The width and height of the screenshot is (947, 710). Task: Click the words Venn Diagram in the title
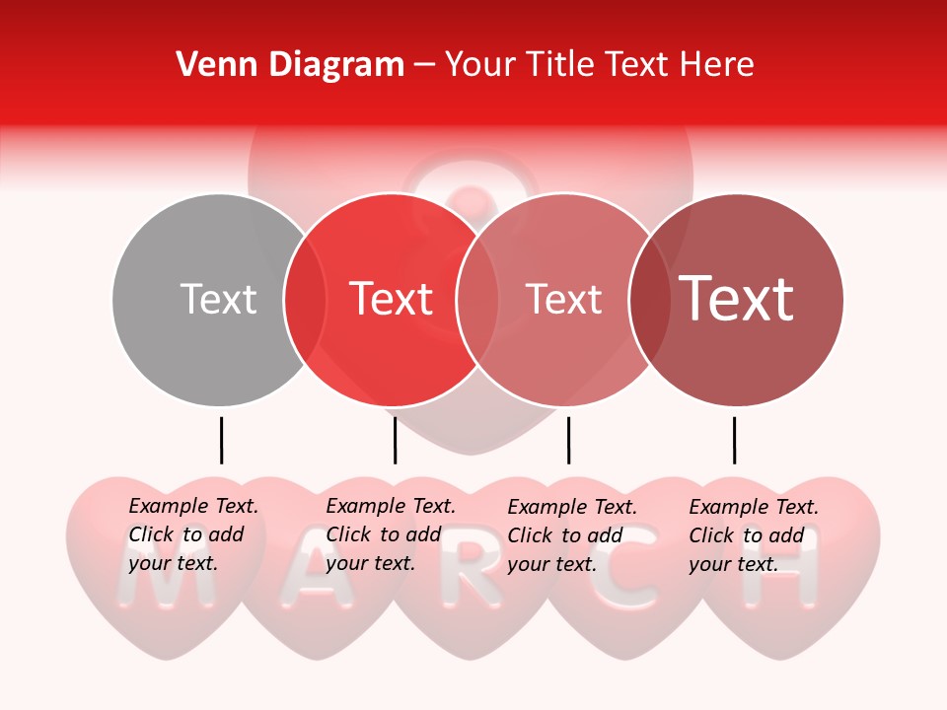click(290, 65)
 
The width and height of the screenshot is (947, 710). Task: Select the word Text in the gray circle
click(218, 299)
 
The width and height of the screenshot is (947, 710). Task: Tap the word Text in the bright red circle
click(391, 299)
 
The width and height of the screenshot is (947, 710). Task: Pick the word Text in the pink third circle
click(563, 299)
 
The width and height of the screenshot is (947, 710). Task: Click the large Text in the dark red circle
click(737, 299)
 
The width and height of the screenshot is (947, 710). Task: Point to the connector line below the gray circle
click(221, 440)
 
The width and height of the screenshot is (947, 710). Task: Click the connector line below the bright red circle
click(395, 440)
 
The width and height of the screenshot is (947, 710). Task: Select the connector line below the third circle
click(568, 440)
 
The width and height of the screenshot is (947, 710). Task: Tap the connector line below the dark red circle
click(734, 440)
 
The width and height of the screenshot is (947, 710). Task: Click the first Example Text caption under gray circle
click(192, 534)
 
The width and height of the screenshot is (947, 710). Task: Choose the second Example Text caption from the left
click(390, 534)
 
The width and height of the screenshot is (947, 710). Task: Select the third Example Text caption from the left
click(571, 535)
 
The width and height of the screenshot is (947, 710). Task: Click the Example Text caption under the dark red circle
click(753, 535)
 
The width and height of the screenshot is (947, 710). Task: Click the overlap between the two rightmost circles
click(649, 299)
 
